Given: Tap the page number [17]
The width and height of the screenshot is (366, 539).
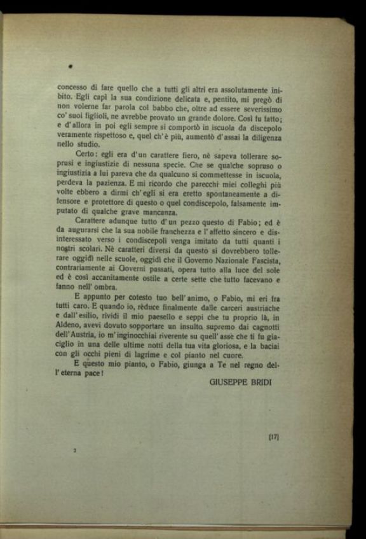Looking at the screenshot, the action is pos(274,437).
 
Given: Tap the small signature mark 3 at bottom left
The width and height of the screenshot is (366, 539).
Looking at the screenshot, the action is pos(76,451).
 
